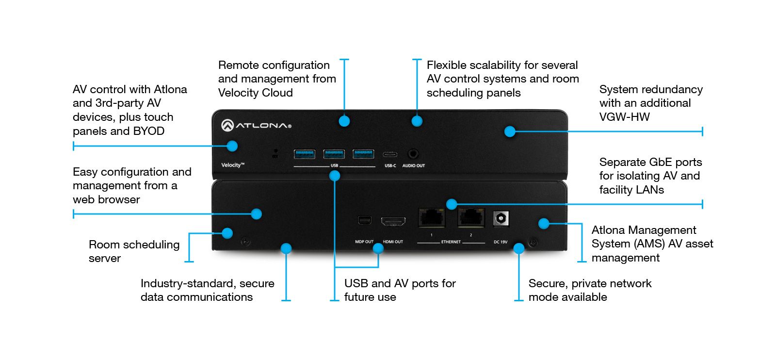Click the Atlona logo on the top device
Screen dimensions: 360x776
(256, 126)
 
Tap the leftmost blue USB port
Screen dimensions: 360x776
(305, 154)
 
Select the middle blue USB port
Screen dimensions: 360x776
(334, 154)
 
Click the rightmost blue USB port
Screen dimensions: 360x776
(363, 154)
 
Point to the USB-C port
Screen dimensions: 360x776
(390, 155)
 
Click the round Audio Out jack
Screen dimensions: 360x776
(413, 154)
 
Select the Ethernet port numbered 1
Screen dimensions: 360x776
(432, 217)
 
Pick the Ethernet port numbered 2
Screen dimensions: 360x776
(471, 217)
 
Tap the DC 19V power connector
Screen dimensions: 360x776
(501, 219)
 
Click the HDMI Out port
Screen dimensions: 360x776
(393, 222)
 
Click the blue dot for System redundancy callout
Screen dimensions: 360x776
(509, 131)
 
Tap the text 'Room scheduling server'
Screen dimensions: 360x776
(134, 251)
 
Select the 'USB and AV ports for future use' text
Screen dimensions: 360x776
(400, 290)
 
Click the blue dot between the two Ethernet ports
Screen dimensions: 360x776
(452, 204)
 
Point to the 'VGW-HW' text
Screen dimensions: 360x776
(624, 117)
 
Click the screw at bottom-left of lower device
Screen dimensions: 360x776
(246, 241)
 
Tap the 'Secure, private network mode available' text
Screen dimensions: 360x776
(590, 290)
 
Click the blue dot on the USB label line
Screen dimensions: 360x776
(335, 176)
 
